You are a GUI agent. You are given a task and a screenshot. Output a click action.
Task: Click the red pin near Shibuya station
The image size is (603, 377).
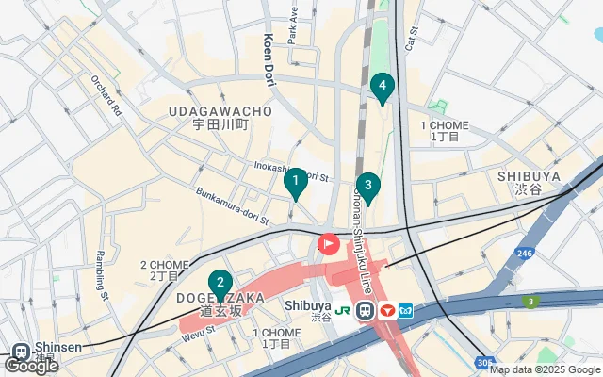click(x=328, y=244)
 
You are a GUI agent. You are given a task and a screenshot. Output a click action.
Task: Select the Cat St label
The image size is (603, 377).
click(x=412, y=37)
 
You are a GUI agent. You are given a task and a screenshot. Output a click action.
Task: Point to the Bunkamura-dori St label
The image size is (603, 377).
click(x=232, y=205)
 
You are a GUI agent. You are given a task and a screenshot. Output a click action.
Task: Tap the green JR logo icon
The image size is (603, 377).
click(x=346, y=309)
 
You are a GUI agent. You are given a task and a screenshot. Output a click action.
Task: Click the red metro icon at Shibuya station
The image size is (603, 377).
click(x=386, y=310)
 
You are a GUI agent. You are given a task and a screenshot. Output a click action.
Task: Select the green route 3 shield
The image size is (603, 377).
click(x=531, y=301)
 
